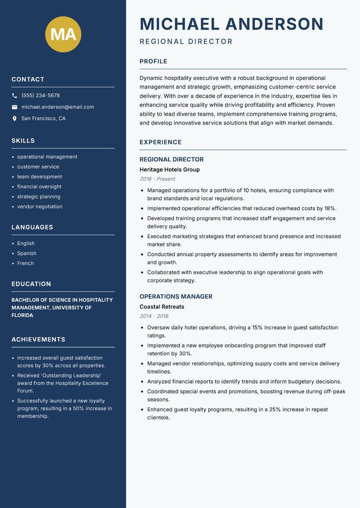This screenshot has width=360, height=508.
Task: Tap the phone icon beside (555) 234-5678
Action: tap(14, 96)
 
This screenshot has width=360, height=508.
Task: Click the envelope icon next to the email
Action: tap(14, 107)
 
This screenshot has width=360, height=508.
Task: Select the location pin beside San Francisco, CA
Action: tap(14, 119)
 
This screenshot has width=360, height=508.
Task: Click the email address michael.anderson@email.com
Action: tap(58, 107)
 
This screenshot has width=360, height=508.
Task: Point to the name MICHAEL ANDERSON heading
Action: tap(231, 24)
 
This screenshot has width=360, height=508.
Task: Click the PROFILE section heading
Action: tap(153, 61)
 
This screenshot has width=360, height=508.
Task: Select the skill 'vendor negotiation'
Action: tap(40, 207)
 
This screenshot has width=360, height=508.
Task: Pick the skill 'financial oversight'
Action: tap(39, 187)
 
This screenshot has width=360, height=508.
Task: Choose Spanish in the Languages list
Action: tap(27, 254)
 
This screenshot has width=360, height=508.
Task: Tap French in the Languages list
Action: tap(25, 263)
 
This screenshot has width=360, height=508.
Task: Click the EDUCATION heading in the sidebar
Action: tap(31, 284)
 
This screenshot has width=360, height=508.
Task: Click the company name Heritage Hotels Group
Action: tap(169, 169)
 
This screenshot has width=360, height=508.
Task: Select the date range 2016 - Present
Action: tap(157, 179)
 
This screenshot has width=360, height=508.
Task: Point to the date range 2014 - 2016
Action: tap(154, 316)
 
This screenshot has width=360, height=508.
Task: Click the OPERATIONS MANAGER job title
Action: tap(175, 297)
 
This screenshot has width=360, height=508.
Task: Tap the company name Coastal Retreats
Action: tap(162, 307)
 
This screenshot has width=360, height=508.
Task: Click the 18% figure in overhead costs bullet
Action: tap(330, 209)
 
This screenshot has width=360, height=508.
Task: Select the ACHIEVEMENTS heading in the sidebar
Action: tap(38, 339)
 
